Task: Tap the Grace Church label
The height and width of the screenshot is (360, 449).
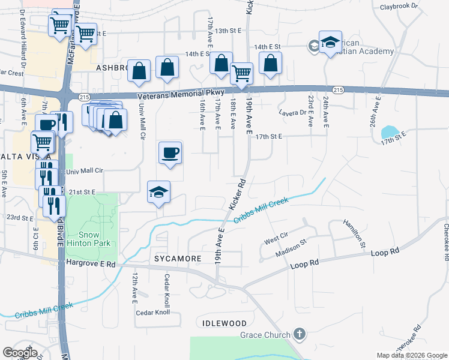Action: click(x=265, y=334)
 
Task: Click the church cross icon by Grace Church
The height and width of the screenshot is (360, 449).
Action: click(x=300, y=334)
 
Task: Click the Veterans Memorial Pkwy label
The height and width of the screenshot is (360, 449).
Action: click(x=180, y=95)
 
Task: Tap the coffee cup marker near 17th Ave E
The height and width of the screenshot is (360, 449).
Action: click(x=170, y=152)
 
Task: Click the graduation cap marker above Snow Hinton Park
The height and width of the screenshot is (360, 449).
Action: click(x=159, y=192)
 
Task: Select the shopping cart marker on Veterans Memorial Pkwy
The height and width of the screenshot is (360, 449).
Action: click(x=241, y=74)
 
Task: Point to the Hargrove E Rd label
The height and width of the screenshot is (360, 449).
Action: click(x=91, y=263)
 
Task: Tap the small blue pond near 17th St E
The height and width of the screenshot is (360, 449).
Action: click(x=390, y=133)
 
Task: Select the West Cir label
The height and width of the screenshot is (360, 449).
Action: click(x=276, y=238)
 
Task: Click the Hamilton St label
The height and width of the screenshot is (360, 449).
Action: click(x=354, y=233)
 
